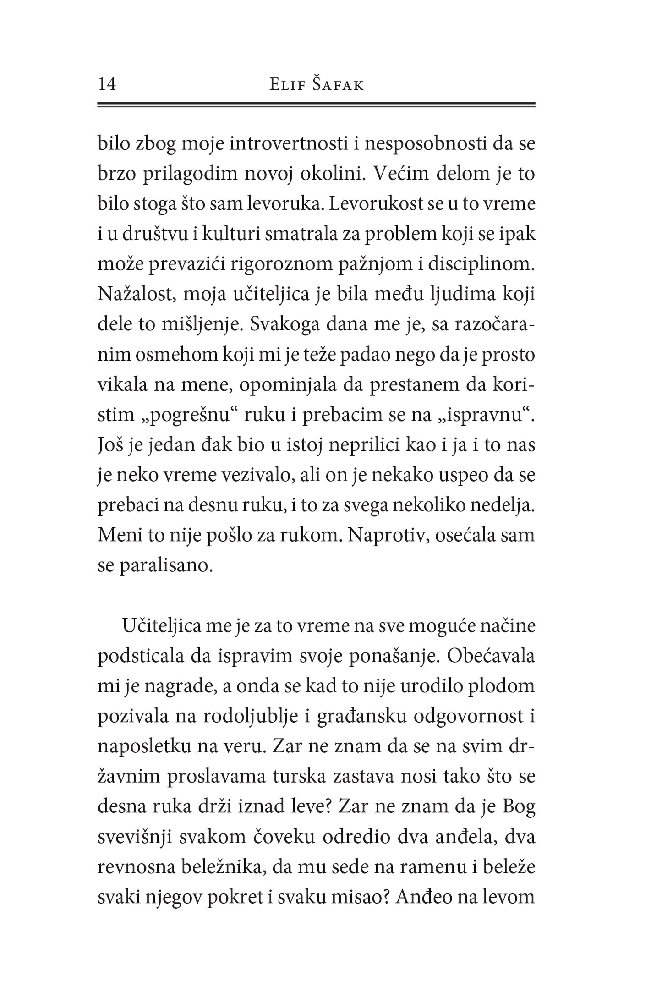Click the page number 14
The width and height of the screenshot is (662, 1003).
click(x=107, y=84)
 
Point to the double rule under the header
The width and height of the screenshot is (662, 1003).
click(x=316, y=105)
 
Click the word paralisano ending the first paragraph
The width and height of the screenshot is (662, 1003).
click(x=165, y=566)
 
